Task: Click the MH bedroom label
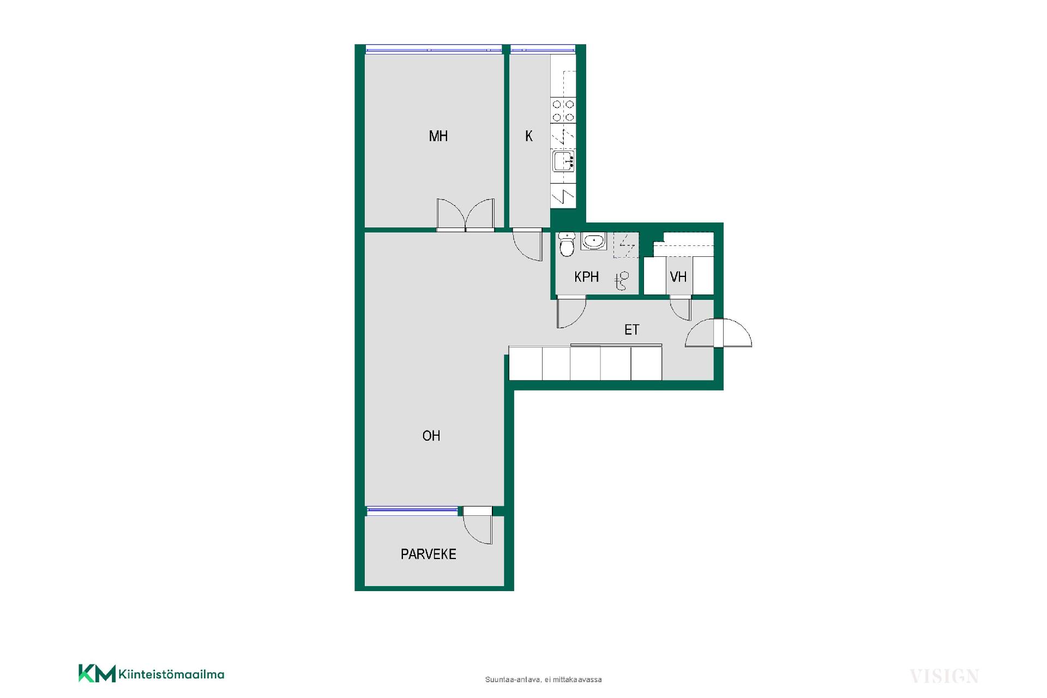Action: coord(438,136)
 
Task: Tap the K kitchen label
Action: coord(528,136)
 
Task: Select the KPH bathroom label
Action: coord(586,277)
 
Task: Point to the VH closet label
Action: coord(678,277)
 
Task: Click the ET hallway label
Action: coord(631,329)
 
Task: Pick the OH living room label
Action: coord(431,436)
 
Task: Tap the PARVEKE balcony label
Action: coord(428,554)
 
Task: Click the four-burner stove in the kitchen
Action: coord(563,110)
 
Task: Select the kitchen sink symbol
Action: coord(563,161)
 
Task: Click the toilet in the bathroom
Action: coord(567,245)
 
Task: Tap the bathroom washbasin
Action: coord(593,241)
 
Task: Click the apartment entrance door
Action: coord(718,333)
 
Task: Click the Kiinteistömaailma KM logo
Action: coord(151,673)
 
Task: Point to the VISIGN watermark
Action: coord(944,677)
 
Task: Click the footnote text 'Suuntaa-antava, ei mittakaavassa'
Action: coord(543,679)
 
